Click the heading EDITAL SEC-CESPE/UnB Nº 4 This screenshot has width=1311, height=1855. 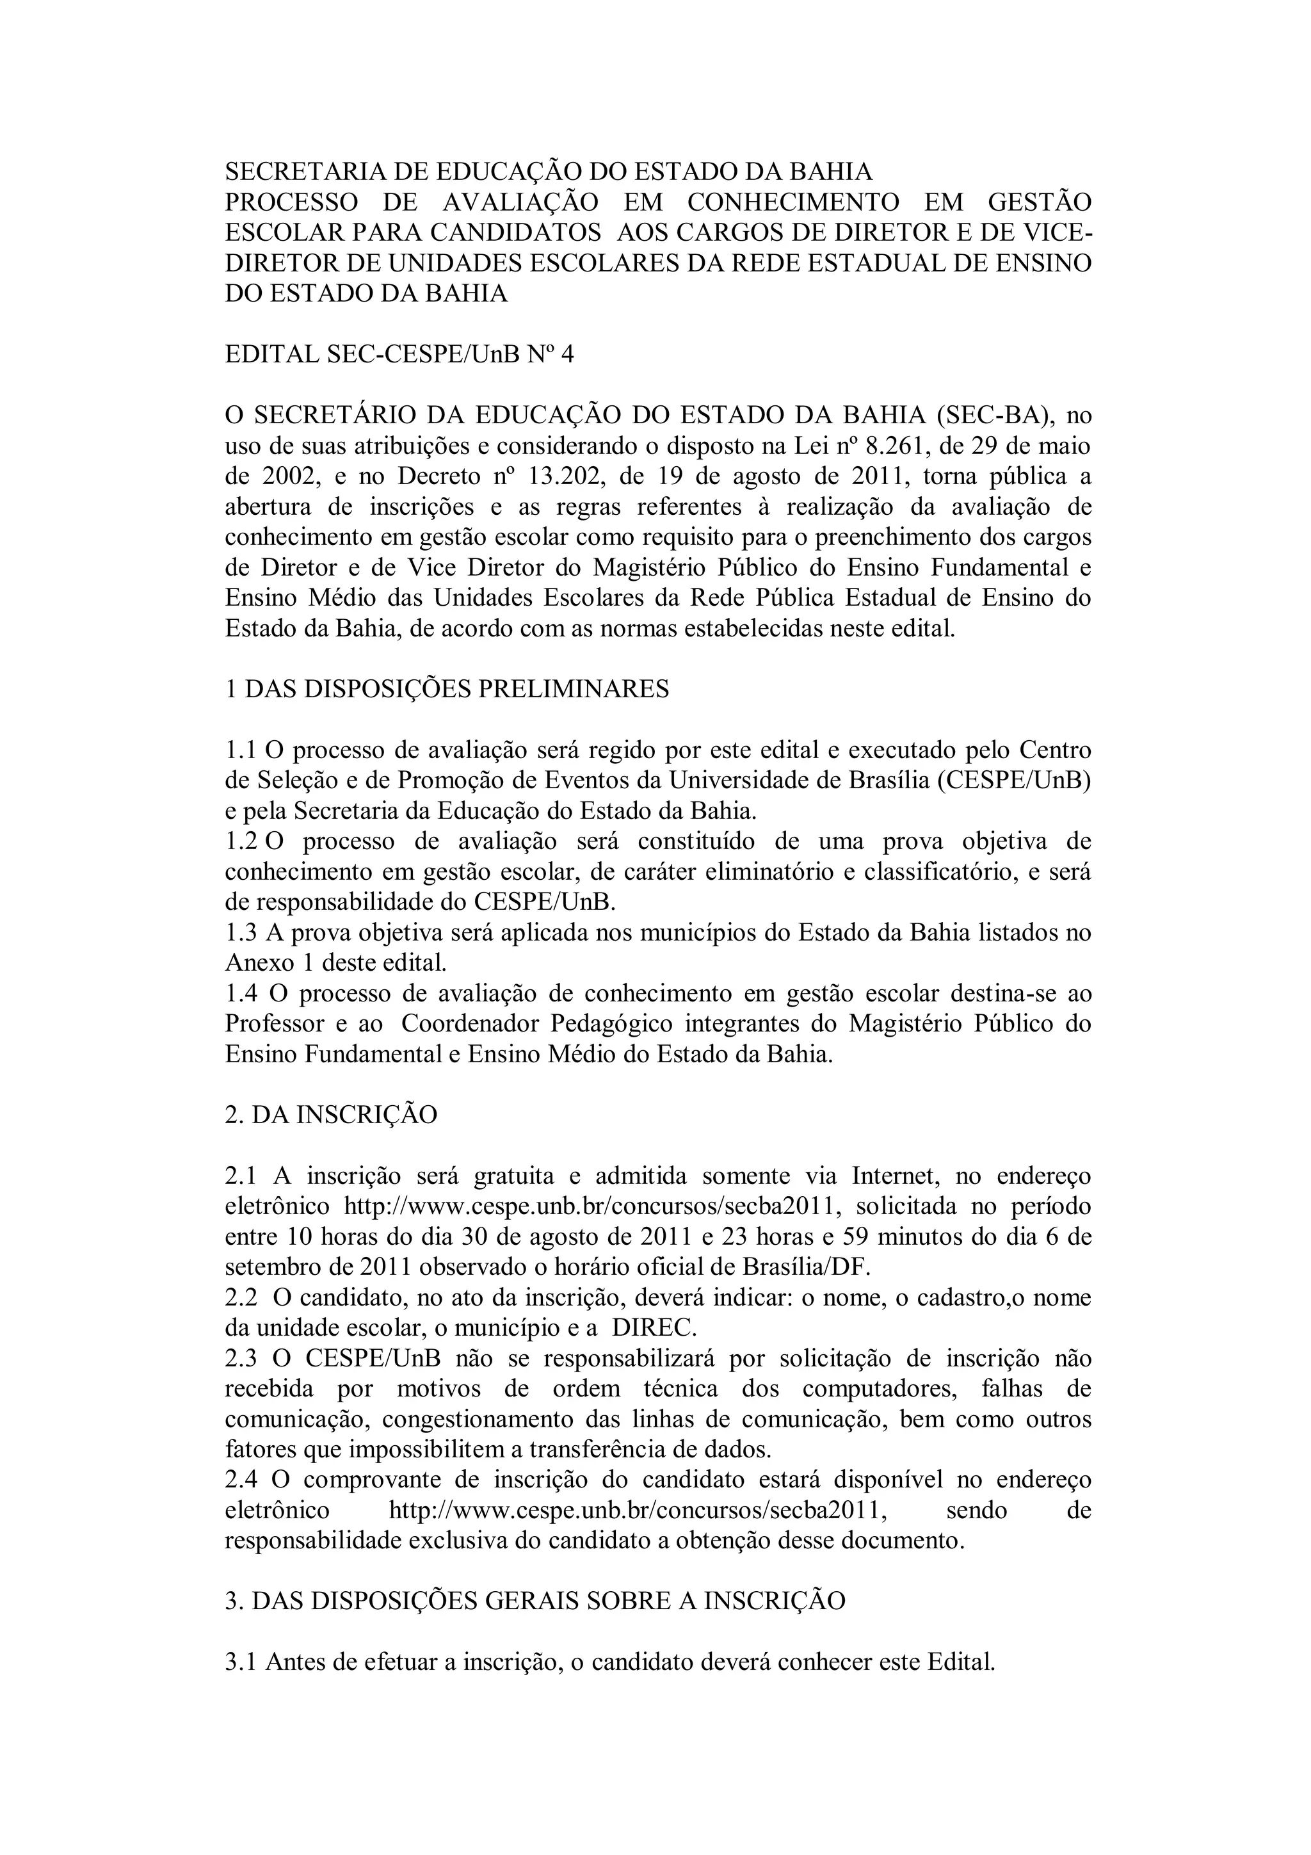[399, 354]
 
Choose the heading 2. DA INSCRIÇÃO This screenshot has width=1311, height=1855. [330, 1114]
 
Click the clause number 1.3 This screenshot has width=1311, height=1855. [241, 932]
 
